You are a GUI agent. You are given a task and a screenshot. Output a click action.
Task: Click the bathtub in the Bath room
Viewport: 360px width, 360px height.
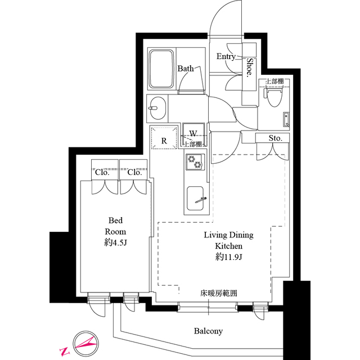click(162, 69)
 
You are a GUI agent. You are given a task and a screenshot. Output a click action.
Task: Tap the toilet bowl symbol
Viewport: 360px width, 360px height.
click(274, 98)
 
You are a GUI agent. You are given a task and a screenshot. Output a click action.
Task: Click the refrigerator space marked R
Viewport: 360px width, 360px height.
click(164, 141)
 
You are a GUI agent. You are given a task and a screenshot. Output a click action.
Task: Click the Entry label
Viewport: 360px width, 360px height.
click(226, 56)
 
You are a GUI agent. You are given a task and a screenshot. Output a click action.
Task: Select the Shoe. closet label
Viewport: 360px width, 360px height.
click(248, 67)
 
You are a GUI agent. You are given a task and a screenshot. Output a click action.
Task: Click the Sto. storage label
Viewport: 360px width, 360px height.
click(274, 138)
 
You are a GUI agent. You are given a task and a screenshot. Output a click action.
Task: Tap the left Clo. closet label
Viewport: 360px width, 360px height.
click(102, 172)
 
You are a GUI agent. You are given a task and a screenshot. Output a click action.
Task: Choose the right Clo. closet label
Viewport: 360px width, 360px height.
click(134, 172)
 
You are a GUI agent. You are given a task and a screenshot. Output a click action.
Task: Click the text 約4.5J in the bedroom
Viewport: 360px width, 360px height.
click(115, 242)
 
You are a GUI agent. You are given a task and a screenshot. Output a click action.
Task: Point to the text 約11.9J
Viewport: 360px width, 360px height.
click(228, 256)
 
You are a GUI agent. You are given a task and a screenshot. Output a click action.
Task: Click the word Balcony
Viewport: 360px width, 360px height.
click(209, 331)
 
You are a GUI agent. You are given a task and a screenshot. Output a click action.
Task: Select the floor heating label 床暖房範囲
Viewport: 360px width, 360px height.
click(218, 293)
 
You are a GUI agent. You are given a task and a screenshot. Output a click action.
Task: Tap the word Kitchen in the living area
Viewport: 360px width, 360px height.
click(228, 246)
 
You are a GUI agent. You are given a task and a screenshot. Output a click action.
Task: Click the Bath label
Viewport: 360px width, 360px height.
click(186, 69)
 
